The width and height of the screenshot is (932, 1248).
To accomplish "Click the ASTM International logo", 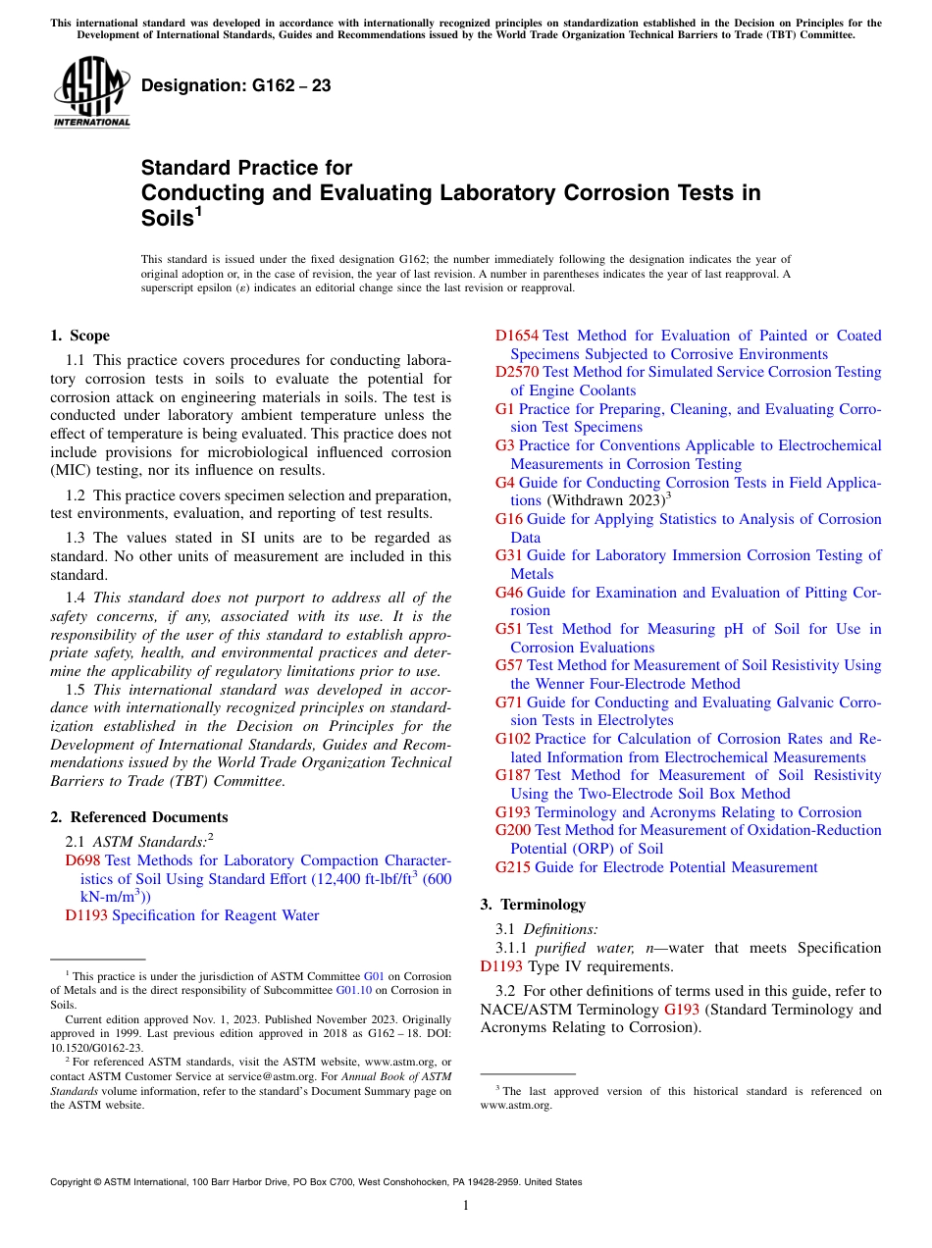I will pos(91,92).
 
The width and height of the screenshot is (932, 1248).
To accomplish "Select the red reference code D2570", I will pos(516,372).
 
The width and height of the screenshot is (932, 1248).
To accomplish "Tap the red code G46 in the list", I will pos(508,593).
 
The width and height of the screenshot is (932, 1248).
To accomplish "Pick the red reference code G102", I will pos(512,739).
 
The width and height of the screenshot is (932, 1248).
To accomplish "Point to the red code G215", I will pos(512,867).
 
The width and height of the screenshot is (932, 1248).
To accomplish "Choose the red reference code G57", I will pos(508,665).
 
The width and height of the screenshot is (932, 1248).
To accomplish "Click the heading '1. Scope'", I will pos(79,336).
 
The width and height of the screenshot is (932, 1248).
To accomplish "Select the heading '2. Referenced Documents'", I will pos(138,817).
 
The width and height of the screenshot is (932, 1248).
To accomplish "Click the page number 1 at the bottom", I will pos(466,1205).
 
